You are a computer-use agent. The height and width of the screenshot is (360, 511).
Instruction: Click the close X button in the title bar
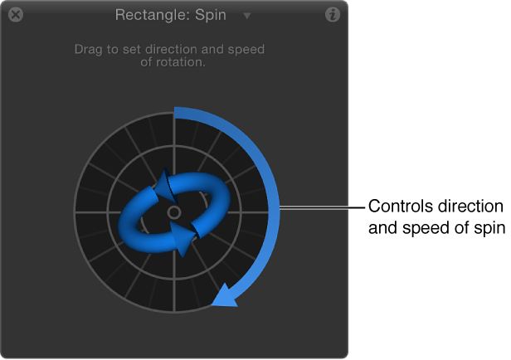pyautogui.click(x=15, y=15)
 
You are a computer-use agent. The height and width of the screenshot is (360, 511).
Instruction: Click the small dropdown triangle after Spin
pyautogui.click(x=246, y=16)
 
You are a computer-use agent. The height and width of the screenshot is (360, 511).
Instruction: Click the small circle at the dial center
pyautogui.click(x=174, y=213)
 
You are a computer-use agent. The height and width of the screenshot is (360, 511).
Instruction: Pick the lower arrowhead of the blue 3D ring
pyautogui.click(x=182, y=239)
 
